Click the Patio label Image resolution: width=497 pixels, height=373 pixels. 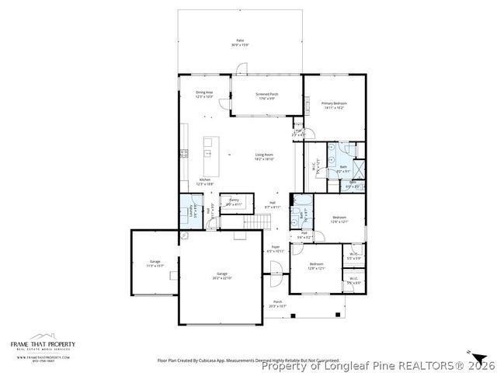point(240,43)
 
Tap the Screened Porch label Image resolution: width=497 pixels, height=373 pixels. point(267,96)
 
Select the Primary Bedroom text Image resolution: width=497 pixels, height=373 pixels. point(335,106)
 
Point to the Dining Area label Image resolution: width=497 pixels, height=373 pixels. point(204,95)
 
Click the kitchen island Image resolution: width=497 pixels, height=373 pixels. point(208,148)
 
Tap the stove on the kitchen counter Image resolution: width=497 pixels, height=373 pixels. point(184,153)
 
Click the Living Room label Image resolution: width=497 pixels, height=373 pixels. point(264,157)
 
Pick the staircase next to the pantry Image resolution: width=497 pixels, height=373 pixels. point(256,224)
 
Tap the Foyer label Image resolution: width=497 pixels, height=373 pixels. point(276,249)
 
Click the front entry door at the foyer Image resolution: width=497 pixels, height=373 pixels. point(273,270)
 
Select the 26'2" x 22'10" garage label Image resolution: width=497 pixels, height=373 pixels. point(223,275)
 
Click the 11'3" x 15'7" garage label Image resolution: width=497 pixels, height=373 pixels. point(155,264)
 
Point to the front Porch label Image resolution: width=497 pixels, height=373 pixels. point(277,305)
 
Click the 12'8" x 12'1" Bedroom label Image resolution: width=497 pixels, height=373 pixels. point(316,266)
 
